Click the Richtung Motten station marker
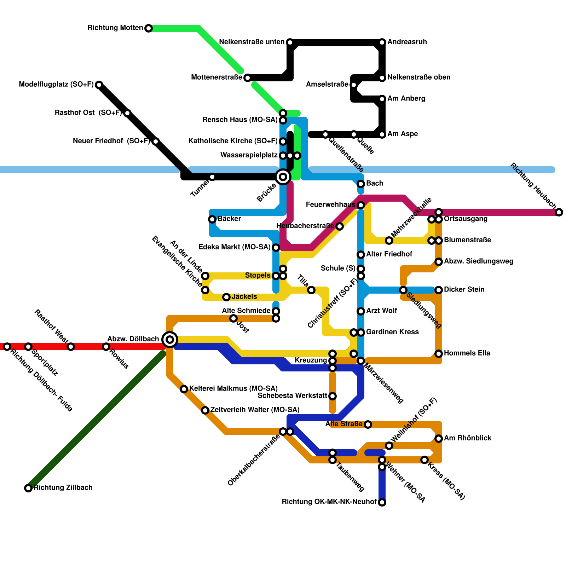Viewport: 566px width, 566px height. (149, 28)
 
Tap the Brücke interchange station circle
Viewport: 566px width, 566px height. (283, 177)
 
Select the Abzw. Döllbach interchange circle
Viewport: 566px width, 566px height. (170, 340)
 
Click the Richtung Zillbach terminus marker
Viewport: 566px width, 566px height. (28, 488)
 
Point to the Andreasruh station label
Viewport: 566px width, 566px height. (407, 42)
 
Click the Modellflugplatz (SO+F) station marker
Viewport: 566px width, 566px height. (99, 85)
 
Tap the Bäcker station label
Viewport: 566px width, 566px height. (229, 219)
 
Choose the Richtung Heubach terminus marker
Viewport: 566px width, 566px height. (559, 212)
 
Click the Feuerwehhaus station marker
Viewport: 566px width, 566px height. (361, 205)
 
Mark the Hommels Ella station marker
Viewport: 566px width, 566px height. (439, 354)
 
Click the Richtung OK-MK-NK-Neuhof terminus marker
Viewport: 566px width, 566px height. (382, 502)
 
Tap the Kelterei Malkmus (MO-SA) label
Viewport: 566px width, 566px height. (233, 389)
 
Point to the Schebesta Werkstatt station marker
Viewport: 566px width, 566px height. (333, 396)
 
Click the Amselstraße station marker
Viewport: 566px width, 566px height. (354, 85)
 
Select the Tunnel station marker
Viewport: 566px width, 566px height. (212, 177)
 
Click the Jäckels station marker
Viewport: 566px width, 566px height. (226, 297)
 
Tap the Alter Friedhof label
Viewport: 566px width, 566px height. (389, 254)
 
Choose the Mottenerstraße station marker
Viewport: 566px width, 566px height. (248, 78)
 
